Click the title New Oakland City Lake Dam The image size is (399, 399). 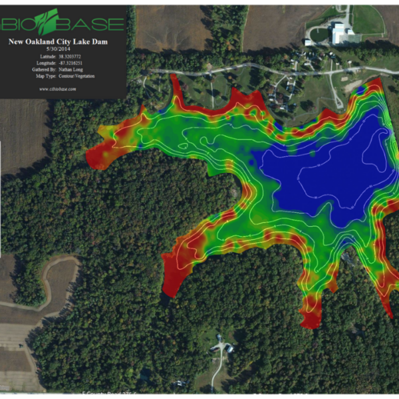(63, 41)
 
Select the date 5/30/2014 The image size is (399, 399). (63, 49)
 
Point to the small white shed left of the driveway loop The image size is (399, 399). (308, 42)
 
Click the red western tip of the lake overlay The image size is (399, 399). (96, 156)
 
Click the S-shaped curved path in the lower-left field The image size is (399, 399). (50, 279)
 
